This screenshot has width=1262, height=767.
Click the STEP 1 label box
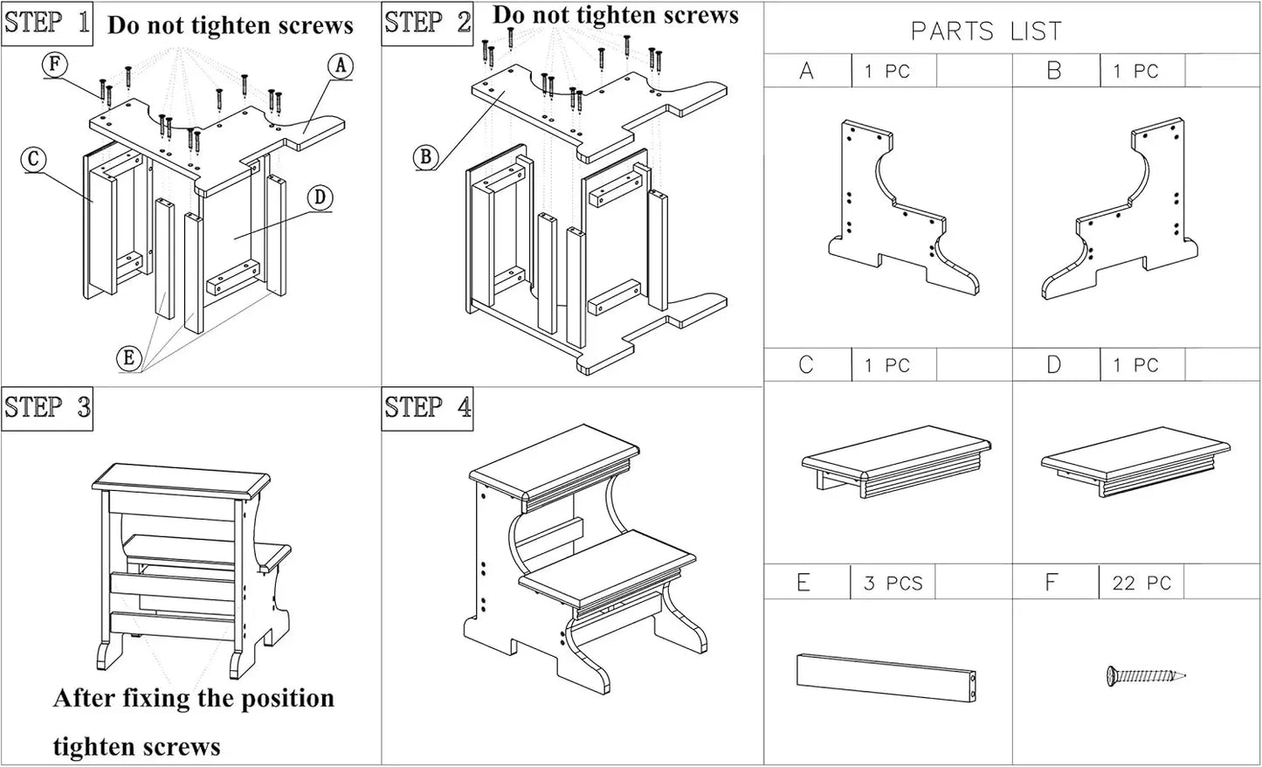[47, 23]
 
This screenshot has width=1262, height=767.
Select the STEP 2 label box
[427, 23]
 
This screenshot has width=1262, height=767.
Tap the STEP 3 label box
[47, 408]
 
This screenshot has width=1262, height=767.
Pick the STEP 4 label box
[427, 408]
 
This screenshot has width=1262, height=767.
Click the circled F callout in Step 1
[56, 65]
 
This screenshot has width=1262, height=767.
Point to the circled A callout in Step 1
[341, 66]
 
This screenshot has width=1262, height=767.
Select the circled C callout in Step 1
[33, 159]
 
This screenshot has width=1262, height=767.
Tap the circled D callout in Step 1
[320, 198]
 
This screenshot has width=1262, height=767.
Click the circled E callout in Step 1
[129, 357]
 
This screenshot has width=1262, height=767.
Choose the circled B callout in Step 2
[425, 156]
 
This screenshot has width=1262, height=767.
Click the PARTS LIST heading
[986, 31]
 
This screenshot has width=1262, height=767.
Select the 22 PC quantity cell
[1141, 583]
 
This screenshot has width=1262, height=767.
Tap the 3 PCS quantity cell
[893, 583]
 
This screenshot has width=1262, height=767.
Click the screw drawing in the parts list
[1145, 675]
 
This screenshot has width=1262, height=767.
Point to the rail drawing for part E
[886, 677]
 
